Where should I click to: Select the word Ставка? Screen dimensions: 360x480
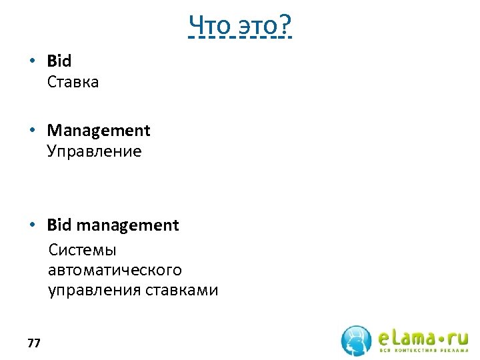click(x=73, y=82)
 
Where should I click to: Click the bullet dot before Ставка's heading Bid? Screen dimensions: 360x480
click(x=32, y=61)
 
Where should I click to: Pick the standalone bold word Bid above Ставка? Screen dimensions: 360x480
click(x=59, y=61)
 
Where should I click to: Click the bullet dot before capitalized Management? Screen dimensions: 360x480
click(x=32, y=130)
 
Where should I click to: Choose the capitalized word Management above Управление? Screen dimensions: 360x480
click(x=99, y=130)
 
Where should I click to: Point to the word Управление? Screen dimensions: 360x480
click(x=94, y=151)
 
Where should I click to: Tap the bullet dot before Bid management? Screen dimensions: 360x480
click(x=32, y=225)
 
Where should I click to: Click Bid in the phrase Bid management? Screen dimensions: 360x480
click(x=59, y=225)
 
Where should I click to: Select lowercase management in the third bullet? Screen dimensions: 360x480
click(x=127, y=225)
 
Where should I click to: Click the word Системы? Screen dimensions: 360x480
click(x=82, y=250)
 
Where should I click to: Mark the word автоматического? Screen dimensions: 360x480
click(x=115, y=270)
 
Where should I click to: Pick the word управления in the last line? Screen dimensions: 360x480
click(x=94, y=291)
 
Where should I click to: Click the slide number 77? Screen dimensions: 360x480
click(x=34, y=343)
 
